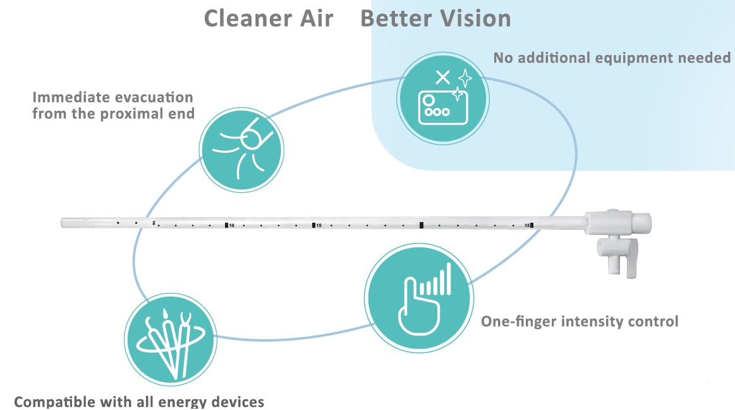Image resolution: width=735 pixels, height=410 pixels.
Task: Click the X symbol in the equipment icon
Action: coord(443,77)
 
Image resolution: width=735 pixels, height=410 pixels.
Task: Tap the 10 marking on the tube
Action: coord(231,225)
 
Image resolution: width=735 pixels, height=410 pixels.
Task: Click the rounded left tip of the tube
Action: coord(64,223)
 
